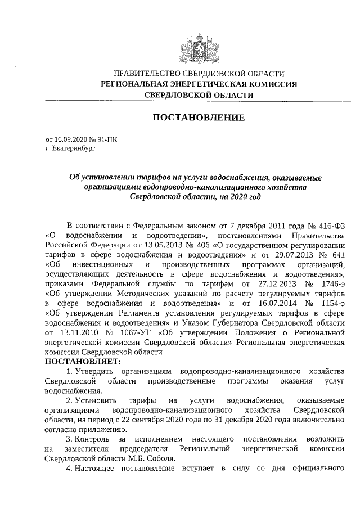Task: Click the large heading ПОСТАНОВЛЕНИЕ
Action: pyautogui.click(x=199, y=118)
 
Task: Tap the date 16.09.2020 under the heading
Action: pyautogui.click(x=69, y=140)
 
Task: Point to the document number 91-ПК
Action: pyautogui.click(x=109, y=140)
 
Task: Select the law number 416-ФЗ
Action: pyautogui.click(x=328, y=225)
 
